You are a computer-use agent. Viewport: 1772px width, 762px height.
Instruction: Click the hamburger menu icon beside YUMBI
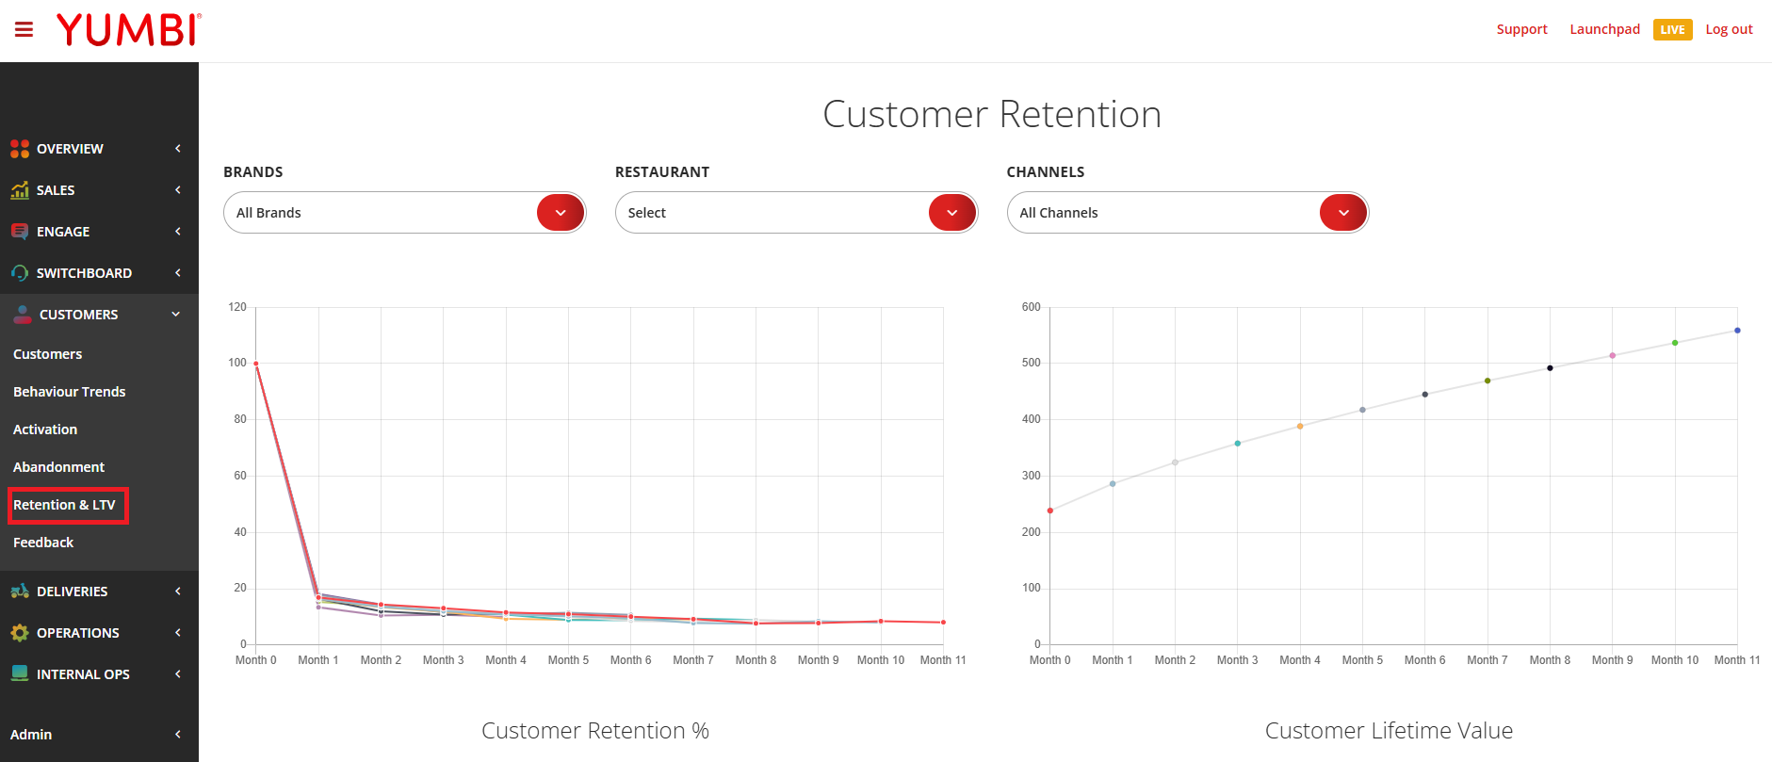24,29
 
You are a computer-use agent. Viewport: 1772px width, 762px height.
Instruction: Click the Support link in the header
1521,29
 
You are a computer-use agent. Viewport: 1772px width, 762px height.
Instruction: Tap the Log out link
1729,29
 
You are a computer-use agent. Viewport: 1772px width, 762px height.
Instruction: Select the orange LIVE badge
1672,30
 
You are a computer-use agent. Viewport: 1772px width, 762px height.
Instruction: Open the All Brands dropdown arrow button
561,213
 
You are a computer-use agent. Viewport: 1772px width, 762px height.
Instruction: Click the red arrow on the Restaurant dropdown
952,213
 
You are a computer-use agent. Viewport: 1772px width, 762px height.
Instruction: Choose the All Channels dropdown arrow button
1343,213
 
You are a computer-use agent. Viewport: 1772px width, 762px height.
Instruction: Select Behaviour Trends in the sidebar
69,392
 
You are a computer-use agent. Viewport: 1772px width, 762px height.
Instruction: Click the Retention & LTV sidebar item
64,505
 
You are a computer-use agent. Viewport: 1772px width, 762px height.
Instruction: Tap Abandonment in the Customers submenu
58,467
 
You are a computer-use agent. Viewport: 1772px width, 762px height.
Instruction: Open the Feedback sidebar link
43,543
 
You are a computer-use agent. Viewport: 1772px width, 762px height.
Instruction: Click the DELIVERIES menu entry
72,592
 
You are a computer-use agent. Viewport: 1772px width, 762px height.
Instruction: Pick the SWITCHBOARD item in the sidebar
84,273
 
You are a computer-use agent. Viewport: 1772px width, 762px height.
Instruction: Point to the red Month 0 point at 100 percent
256,364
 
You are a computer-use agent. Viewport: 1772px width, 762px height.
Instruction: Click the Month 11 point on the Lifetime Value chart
1737,331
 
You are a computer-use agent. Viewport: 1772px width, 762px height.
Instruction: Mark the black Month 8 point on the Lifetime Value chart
1550,368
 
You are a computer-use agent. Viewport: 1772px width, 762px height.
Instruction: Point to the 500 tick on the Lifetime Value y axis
1032,363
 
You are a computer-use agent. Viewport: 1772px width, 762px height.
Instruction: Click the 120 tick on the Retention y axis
237,307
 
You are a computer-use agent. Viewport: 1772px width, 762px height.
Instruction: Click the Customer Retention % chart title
595,731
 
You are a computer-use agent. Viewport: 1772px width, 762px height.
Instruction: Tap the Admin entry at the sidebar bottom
31,735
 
